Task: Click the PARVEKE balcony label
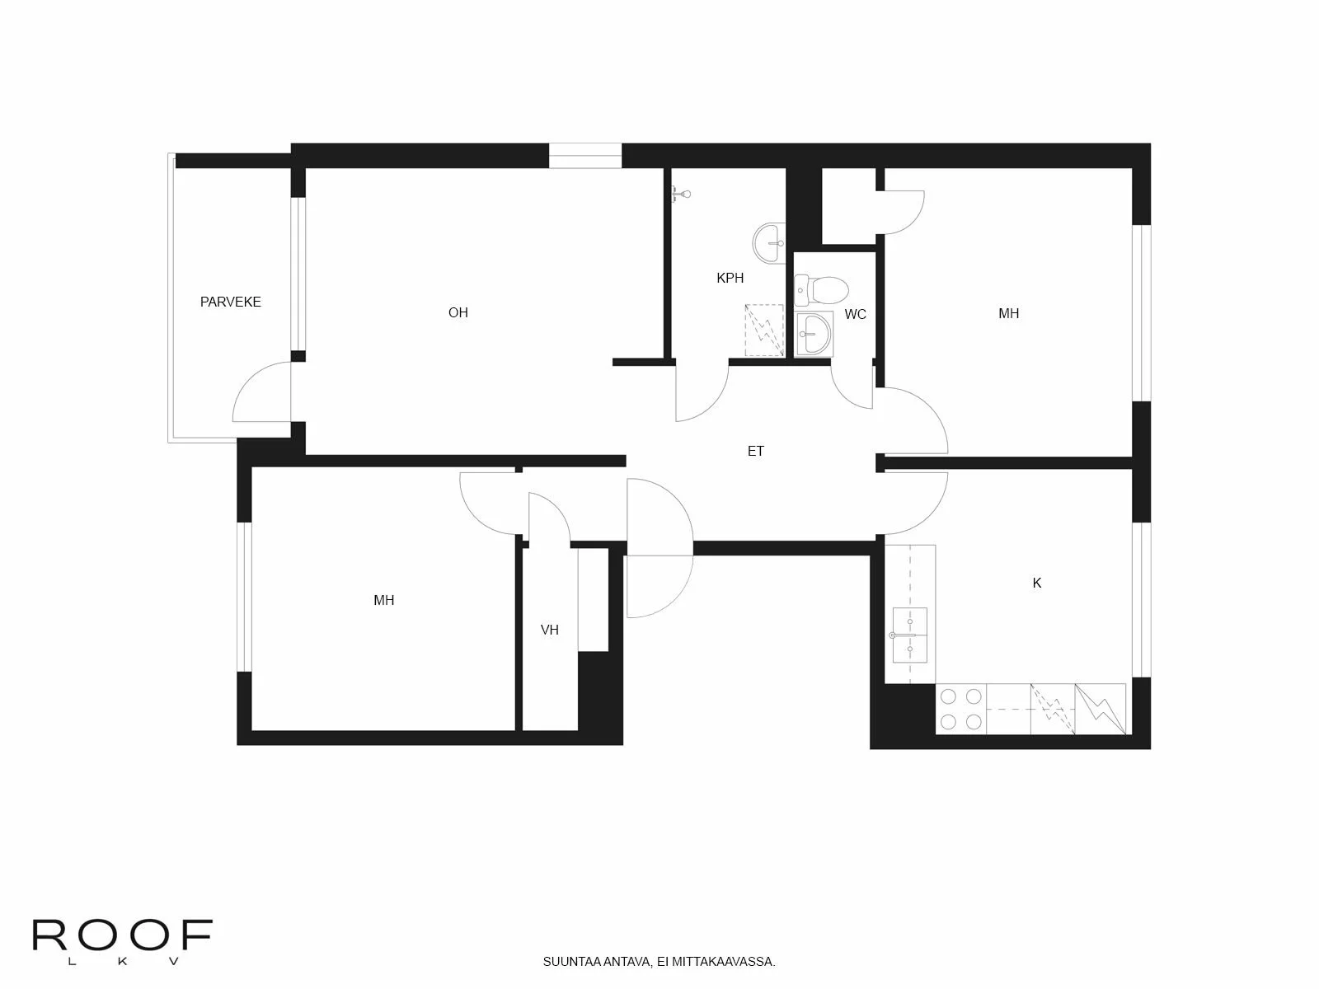click(x=231, y=302)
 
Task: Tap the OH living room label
click(x=458, y=312)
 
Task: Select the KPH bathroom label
click(x=730, y=279)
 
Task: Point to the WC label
click(x=856, y=315)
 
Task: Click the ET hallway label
click(x=756, y=452)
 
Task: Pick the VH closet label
click(x=550, y=630)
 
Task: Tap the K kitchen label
click(x=1037, y=584)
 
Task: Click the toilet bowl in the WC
click(x=823, y=289)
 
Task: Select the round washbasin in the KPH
click(x=770, y=243)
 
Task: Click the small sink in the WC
click(x=814, y=335)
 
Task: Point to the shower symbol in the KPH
click(x=764, y=330)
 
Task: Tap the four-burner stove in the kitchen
click(x=961, y=709)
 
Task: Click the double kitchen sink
click(x=910, y=635)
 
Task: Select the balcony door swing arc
click(x=259, y=391)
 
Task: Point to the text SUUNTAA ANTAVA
click(x=597, y=962)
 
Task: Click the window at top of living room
click(x=585, y=156)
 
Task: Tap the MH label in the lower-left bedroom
click(x=384, y=601)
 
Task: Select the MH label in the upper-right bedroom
click(x=1009, y=314)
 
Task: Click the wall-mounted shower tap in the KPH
click(x=680, y=195)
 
